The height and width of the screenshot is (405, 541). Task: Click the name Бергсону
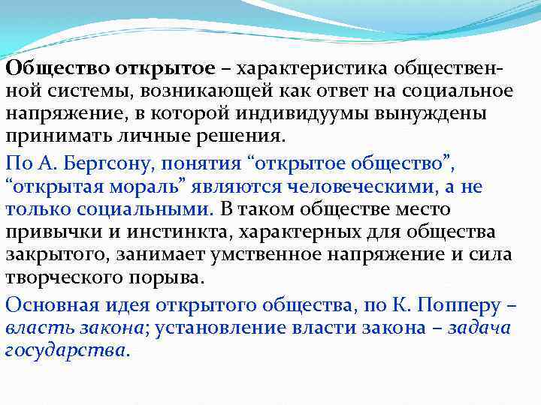tap(101, 164)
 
